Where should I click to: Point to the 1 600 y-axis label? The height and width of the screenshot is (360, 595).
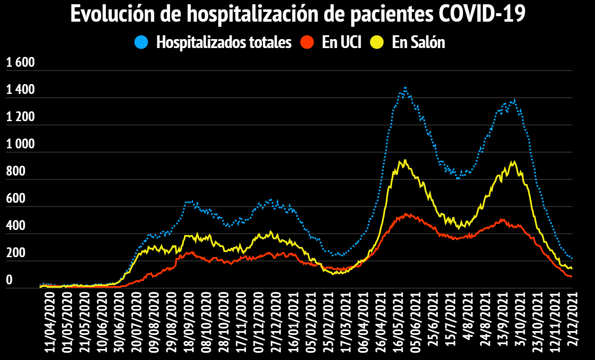20,63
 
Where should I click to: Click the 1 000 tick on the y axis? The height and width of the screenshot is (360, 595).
20,145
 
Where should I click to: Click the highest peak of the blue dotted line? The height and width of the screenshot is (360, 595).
405,88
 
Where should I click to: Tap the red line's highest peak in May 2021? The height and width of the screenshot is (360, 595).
406,214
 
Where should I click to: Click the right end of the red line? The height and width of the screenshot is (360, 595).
571,277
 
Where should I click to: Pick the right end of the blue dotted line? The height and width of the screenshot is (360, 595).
572,258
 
